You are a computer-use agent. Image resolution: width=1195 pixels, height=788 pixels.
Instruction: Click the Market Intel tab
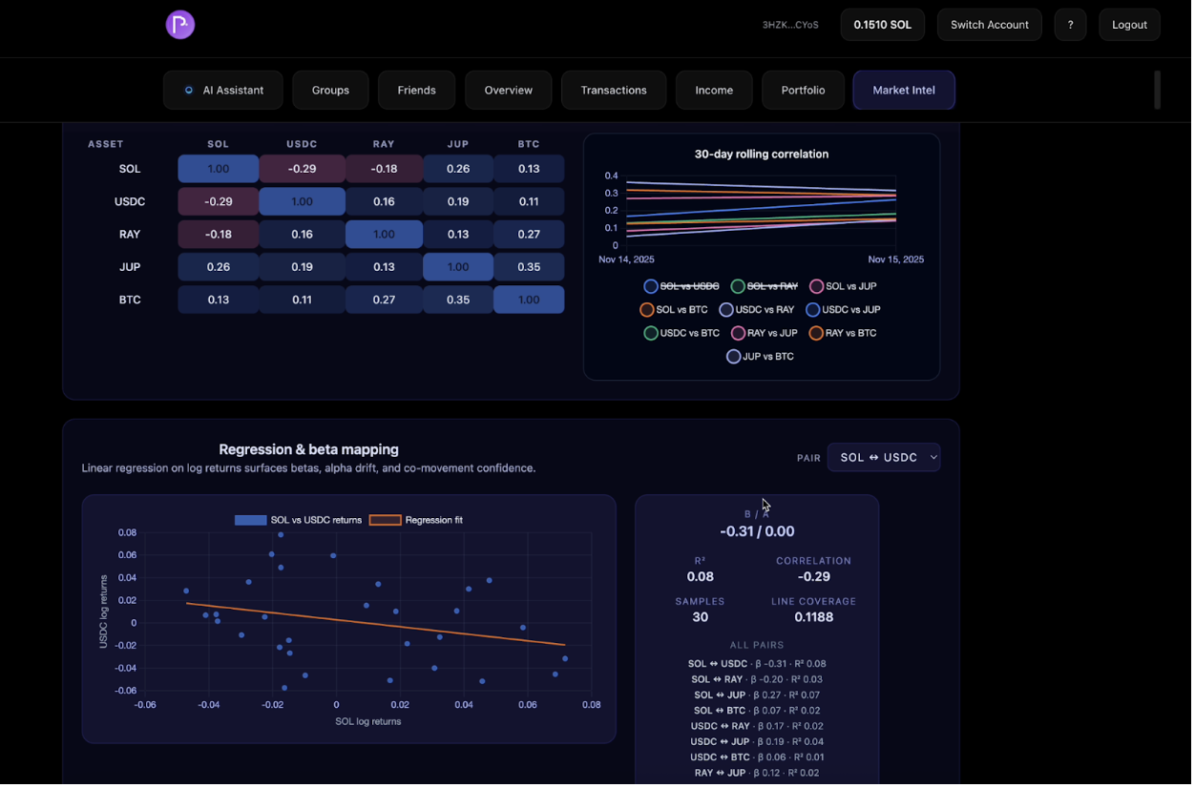[903, 91]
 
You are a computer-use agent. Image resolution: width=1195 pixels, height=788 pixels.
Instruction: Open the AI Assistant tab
[223, 91]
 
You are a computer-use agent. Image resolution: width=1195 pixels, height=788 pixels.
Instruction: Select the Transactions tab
[613, 91]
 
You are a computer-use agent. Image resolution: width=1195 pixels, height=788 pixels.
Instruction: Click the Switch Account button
[989, 25]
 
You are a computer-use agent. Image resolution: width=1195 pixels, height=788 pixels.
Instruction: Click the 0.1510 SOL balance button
[882, 25]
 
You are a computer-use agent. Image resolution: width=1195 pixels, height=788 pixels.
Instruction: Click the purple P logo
[180, 25]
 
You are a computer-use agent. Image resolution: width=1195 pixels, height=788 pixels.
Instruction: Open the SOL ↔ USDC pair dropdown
[883, 458]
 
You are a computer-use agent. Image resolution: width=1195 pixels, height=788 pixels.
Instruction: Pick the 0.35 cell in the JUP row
[529, 267]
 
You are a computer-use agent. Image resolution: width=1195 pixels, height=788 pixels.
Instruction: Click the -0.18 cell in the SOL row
[384, 169]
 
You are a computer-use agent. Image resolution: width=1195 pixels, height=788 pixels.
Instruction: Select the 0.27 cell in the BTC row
[384, 300]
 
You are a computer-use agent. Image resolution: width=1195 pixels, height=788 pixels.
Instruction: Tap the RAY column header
[384, 144]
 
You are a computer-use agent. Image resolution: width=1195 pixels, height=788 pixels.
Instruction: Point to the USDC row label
[130, 202]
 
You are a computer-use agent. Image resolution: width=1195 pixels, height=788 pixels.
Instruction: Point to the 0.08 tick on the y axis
[127, 532]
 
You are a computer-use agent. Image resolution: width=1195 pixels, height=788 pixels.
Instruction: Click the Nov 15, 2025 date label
[895, 259]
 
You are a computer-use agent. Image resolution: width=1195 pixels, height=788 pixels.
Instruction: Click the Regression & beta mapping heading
[308, 449]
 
